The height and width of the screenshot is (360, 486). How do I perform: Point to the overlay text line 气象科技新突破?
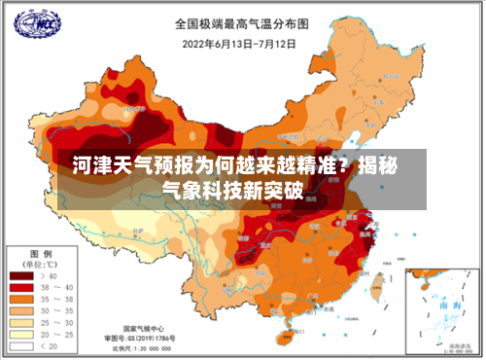(x=233, y=189)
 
